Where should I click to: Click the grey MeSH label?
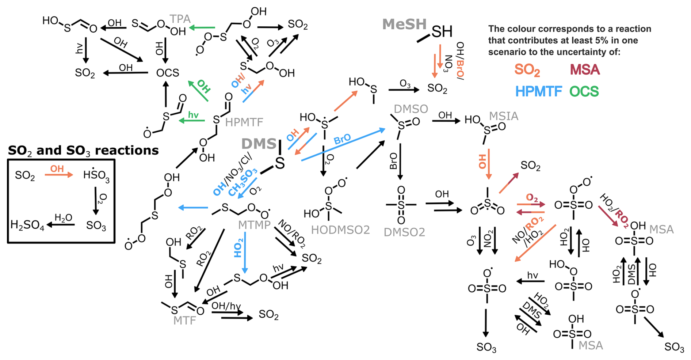pyautogui.click(x=404, y=24)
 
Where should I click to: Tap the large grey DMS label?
pyautogui.click(x=259, y=144)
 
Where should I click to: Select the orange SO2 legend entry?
pyautogui.click(x=527, y=69)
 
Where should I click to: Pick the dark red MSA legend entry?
pyautogui.click(x=585, y=69)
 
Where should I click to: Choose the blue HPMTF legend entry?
pyautogui.click(x=538, y=91)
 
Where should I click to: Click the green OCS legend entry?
pyautogui.click(x=584, y=91)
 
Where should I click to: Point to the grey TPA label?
pyautogui.click(x=180, y=19)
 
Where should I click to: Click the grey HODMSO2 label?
pyautogui.click(x=340, y=230)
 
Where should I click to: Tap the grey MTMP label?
pyautogui.click(x=254, y=225)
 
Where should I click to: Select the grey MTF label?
pyautogui.click(x=184, y=321)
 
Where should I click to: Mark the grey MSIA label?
pyautogui.click(x=503, y=116)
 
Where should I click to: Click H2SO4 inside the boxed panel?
pyautogui.click(x=27, y=225)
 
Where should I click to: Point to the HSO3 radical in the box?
pyautogui.click(x=96, y=175)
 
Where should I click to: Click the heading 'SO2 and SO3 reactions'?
pyautogui.click(x=83, y=150)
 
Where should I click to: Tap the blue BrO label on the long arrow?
pyautogui.click(x=342, y=139)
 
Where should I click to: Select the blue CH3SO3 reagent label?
pyautogui.click(x=243, y=182)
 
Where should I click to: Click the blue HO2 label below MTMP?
pyautogui.click(x=238, y=248)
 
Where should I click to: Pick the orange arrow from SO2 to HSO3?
pyautogui.click(x=59, y=175)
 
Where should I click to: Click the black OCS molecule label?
pyautogui.click(x=168, y=73)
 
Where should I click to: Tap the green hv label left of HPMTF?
pyautogui.click(x=193, y=115)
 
